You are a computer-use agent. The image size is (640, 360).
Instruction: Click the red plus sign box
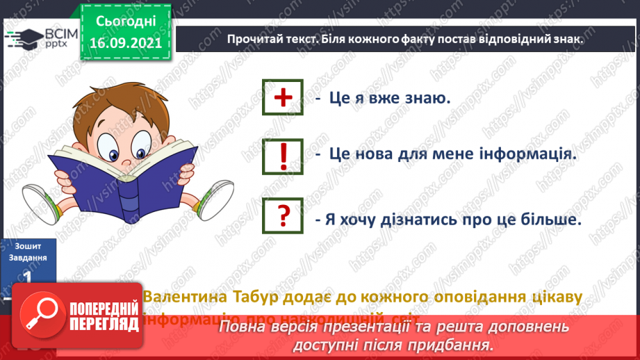tap(283, 98)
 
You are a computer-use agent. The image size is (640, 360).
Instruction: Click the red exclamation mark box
tap(283, 155)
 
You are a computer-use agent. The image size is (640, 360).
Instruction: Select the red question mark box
tap(283, 215)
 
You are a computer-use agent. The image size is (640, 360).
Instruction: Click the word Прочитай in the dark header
tap(255, 40)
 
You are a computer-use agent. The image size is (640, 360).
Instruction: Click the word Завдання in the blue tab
tap(28, 257)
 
